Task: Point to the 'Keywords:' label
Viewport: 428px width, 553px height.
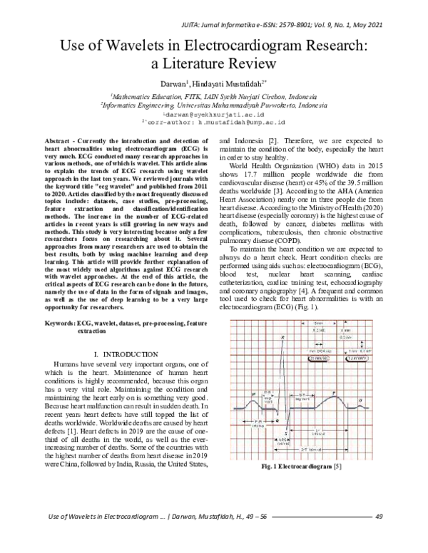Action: (60, 323)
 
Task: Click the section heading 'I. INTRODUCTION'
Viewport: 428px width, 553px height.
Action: (126, 354)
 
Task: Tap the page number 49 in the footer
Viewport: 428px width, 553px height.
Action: (379, 537)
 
